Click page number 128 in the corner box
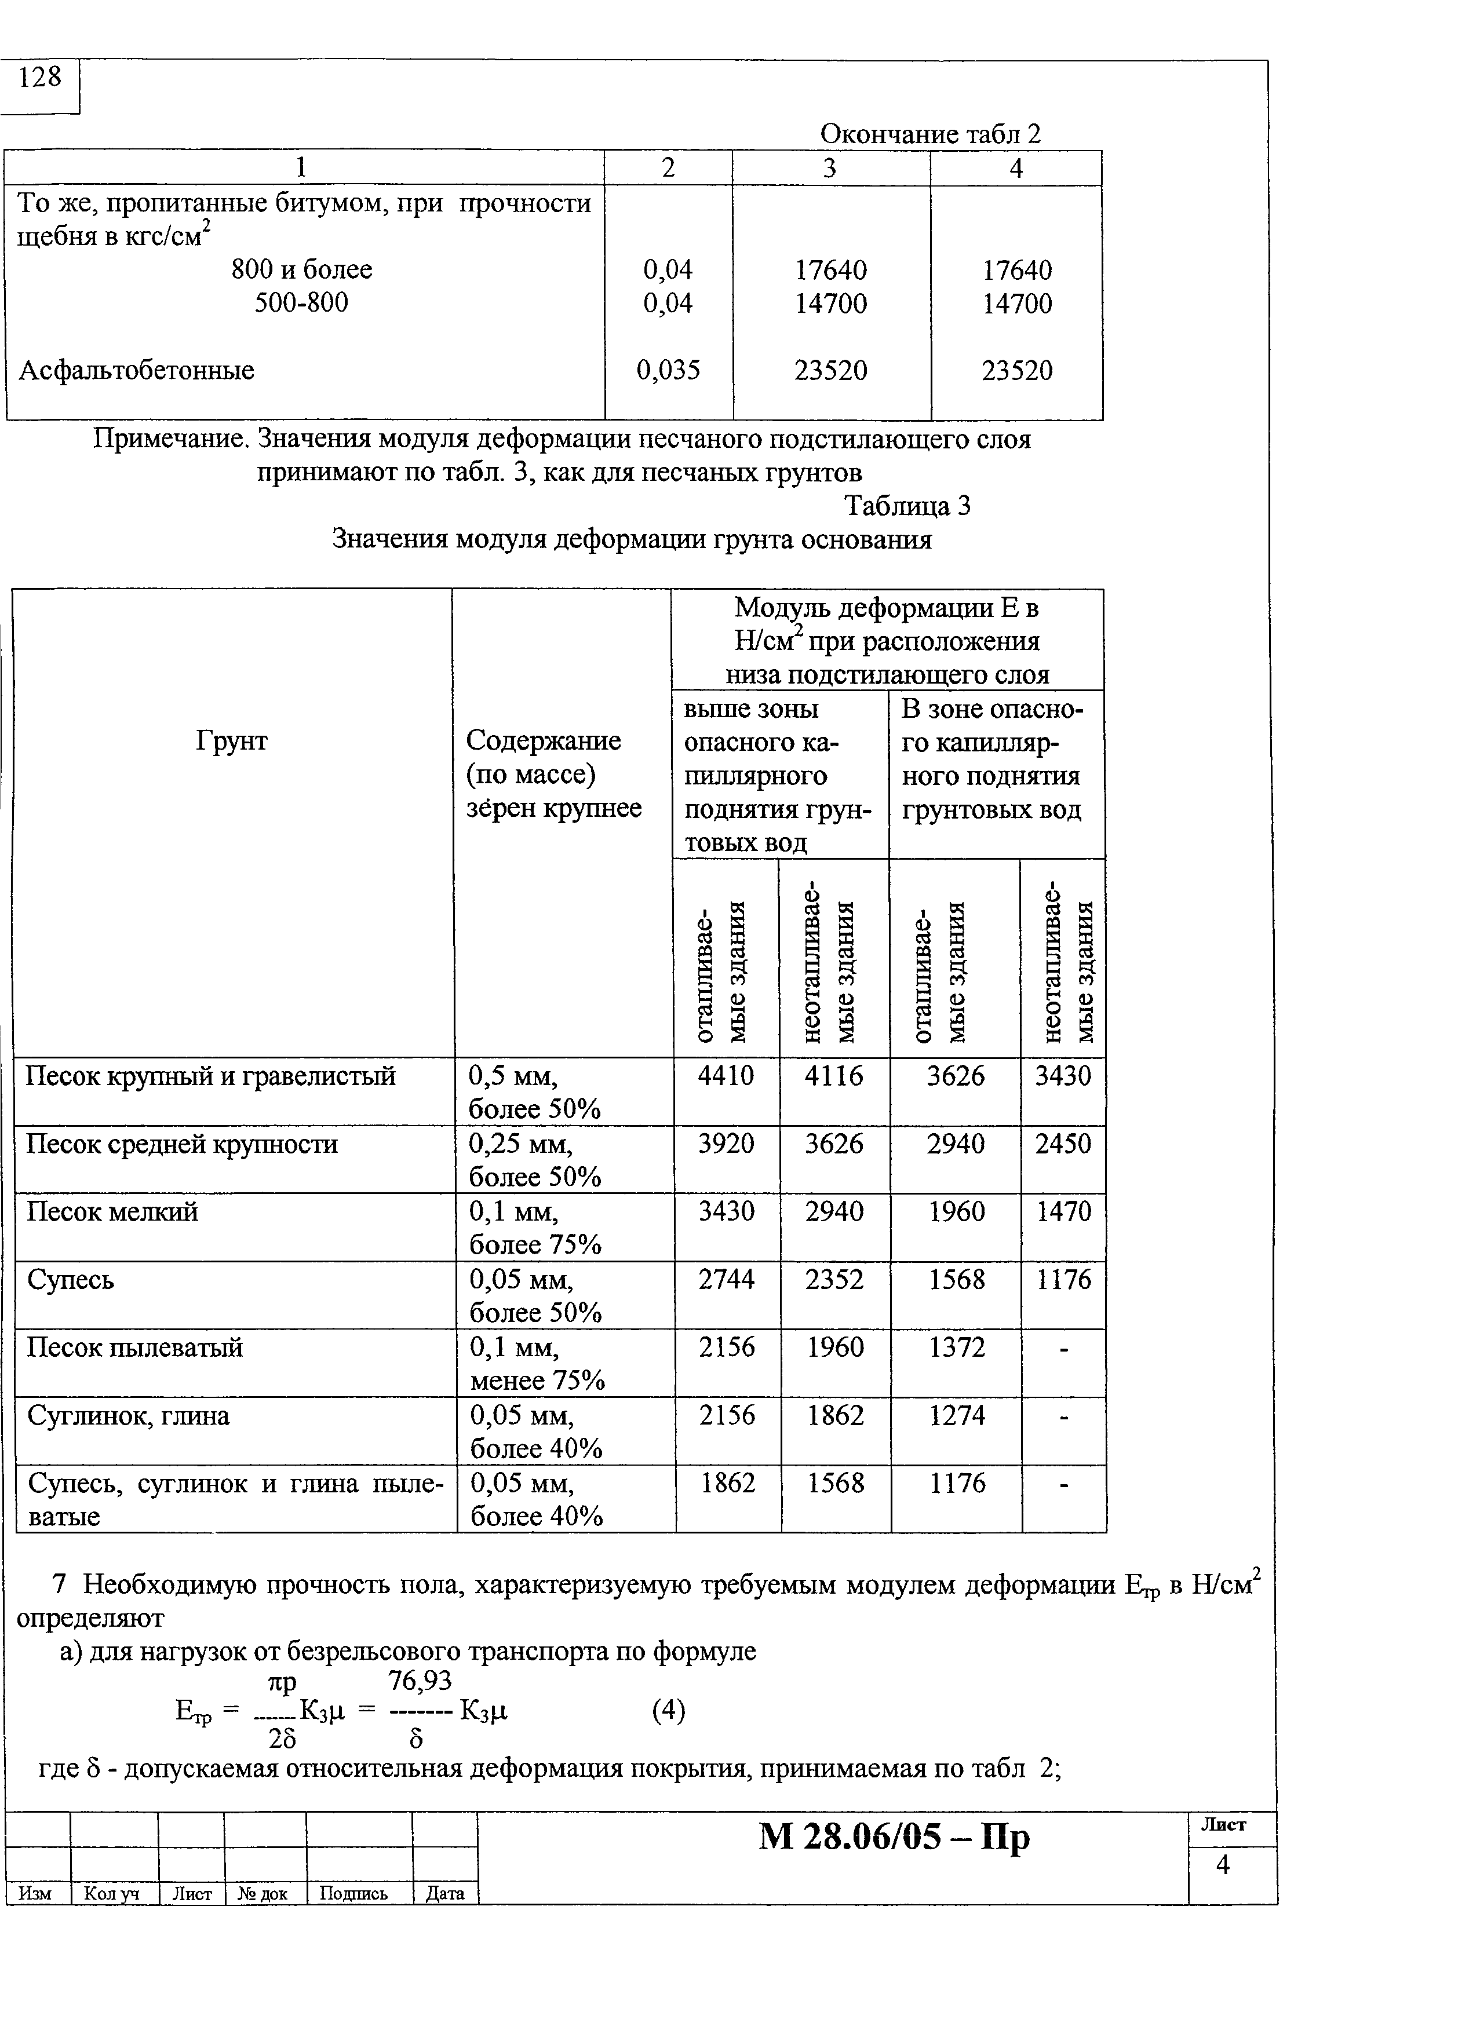(41, 78)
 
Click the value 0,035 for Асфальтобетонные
(668, 370)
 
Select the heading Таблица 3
(907, 507)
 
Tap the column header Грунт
(231, 741)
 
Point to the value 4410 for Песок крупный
(726, 1075)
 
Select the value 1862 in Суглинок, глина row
(834, 1415)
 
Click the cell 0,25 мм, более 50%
(535, 1160)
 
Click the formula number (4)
(668, 1711)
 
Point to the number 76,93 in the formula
(419, 1680)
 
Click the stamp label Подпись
(353, 1893)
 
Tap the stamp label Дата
(445, 1893)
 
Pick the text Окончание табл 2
(930, 134)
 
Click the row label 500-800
(301, 302)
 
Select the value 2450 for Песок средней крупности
(1063, 1144)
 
